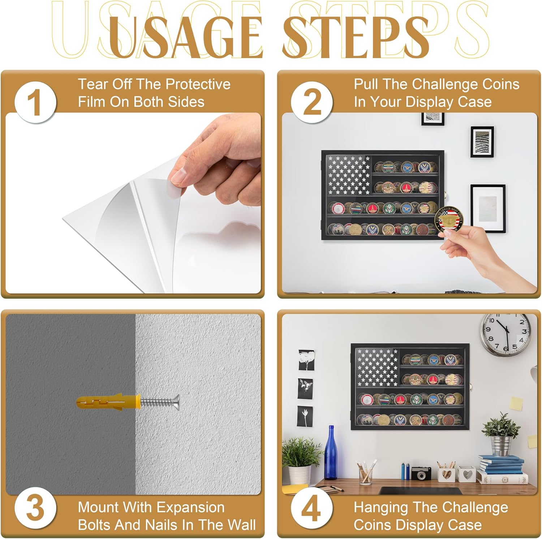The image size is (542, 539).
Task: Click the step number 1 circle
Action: pyautogui.click(x=35, y=102)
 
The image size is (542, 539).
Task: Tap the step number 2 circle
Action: pyautogui.click(x=312, y=102)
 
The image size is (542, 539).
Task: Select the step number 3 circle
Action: pyautogui.click(x=35, y=509)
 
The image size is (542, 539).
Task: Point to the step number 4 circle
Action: pyautogui.click(x=312, y=509)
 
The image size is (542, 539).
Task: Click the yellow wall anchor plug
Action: pyautogui.click(x=108, y=402)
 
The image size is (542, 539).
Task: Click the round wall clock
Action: pyautogui.click(x=506, y=335)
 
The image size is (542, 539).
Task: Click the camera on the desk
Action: pyautogui.click(x=421, y=473)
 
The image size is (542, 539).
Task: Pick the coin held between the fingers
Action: pyautogui.click(x=449, y=219)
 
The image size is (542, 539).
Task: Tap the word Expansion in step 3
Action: pyautogui.click(x=190, y=508)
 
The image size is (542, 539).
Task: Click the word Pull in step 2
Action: pyautogui.click(x=366, y=84)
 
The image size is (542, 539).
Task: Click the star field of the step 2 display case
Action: pyautogui.click(x=349, y=175)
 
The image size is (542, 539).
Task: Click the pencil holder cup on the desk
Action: pyautogui.click(x=366, y=473)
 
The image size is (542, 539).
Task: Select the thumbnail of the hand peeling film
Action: pyautogui.click(x=133, y=203)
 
